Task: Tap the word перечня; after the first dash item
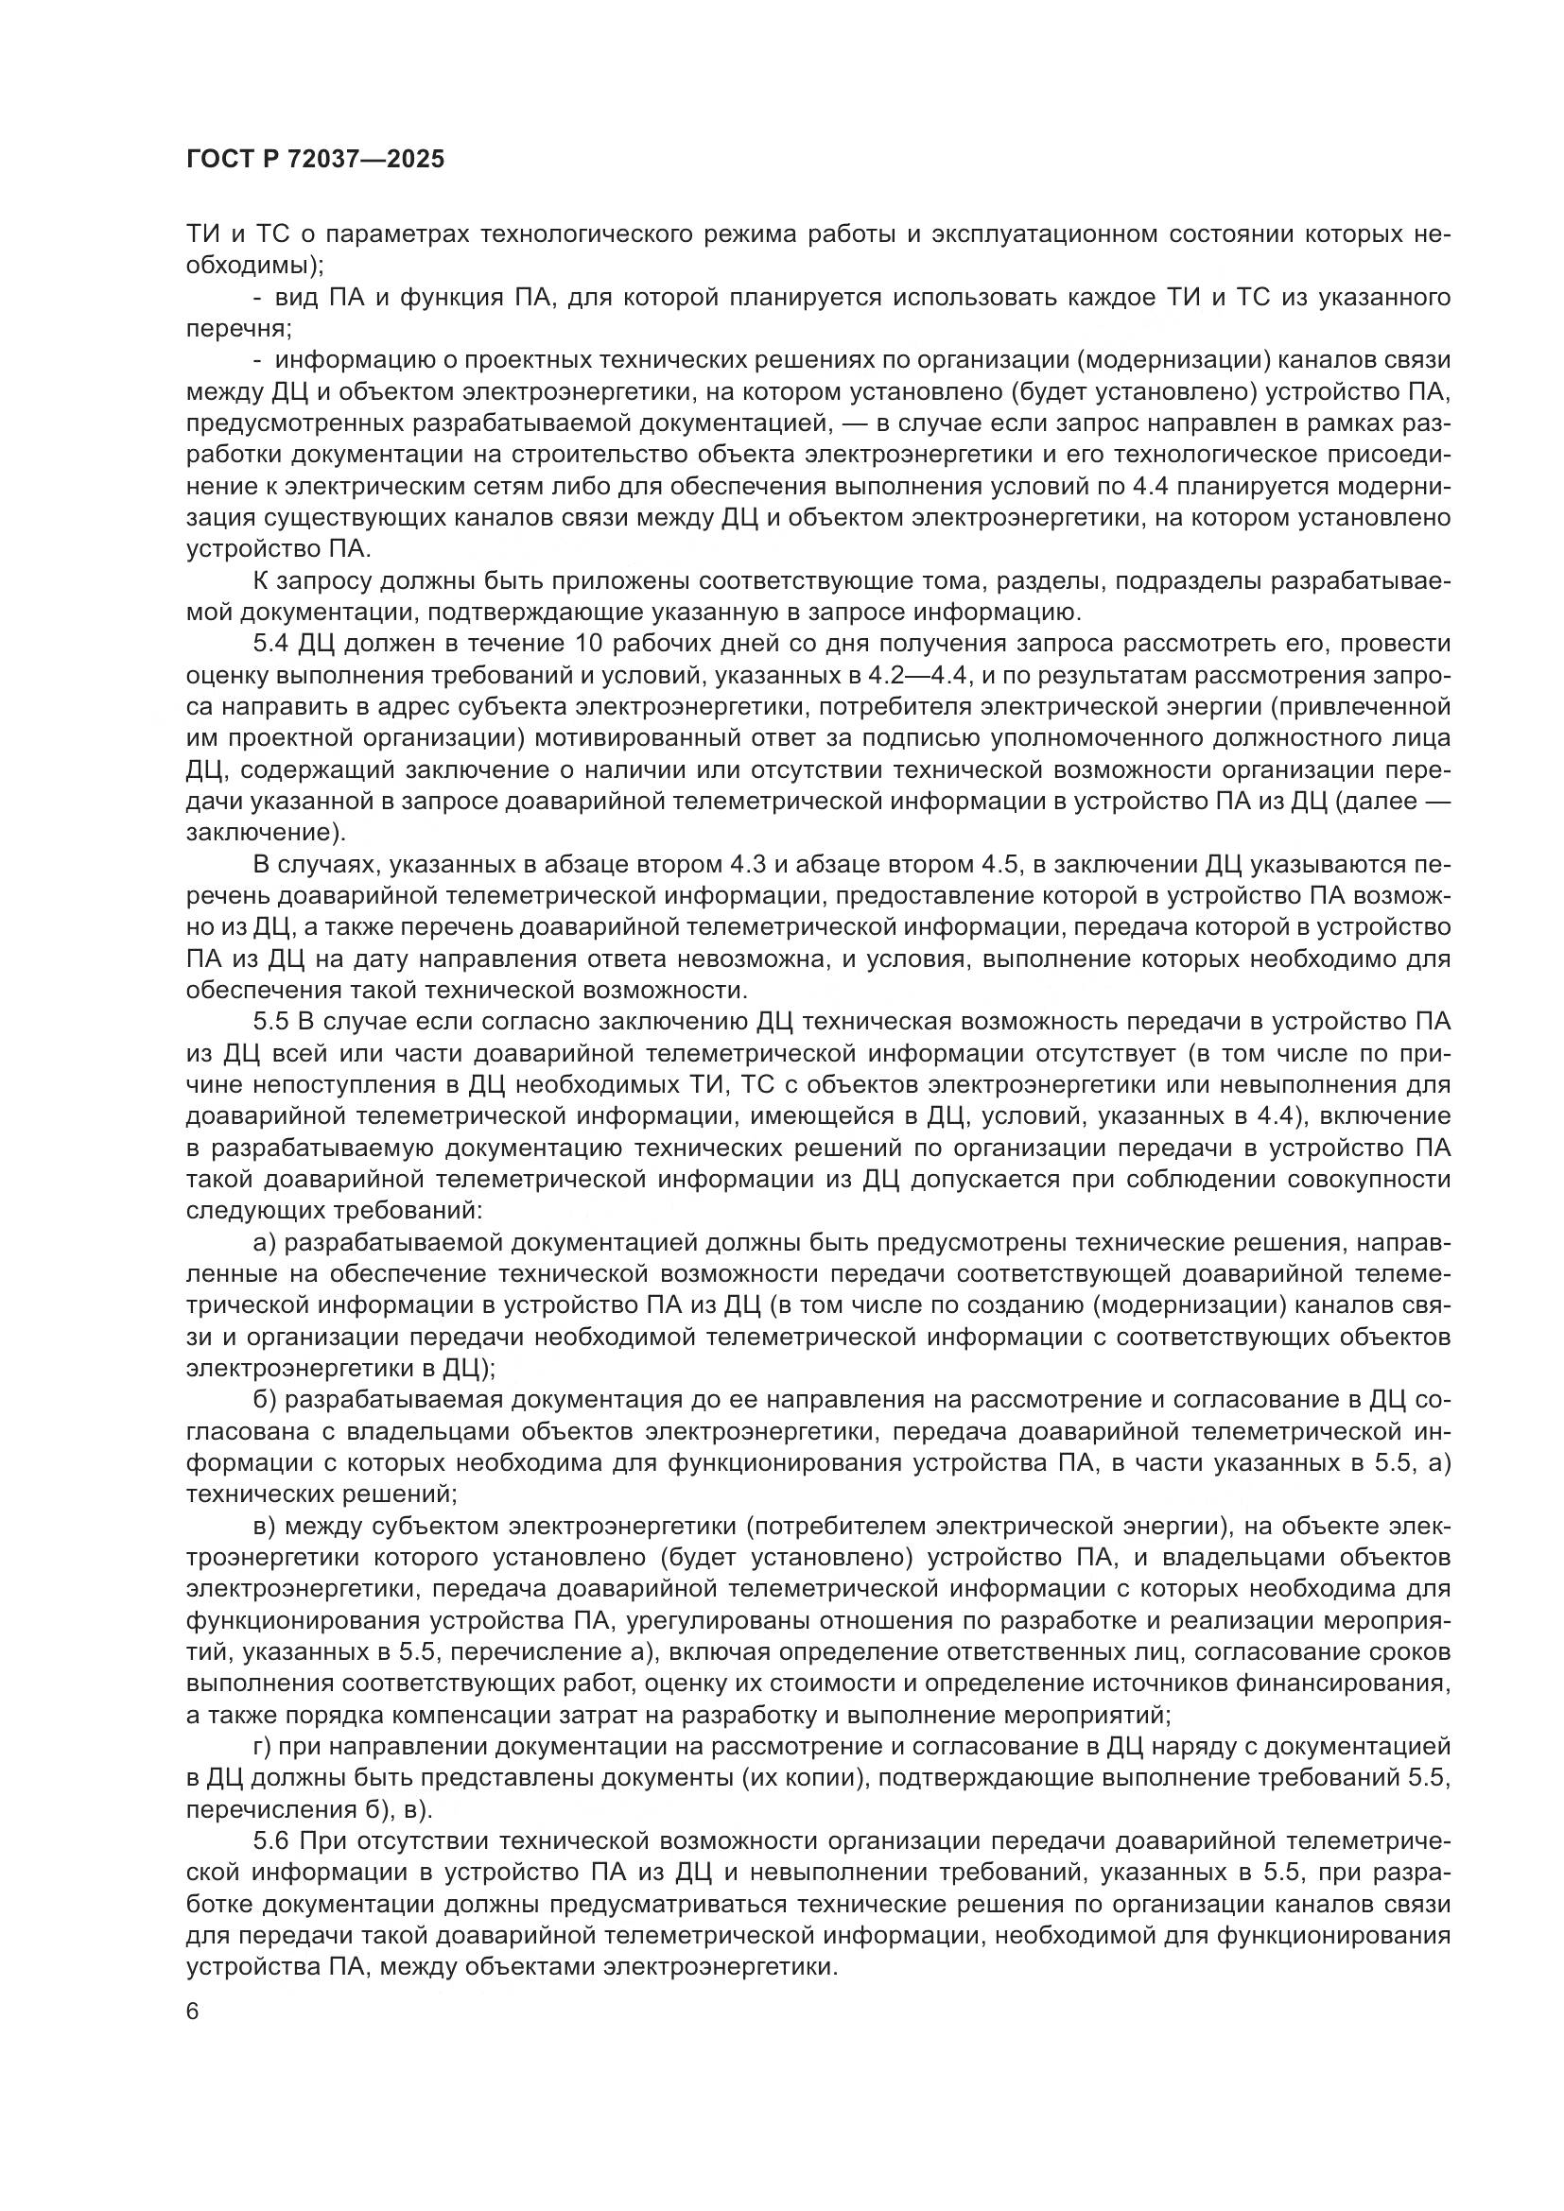[x=238, y=329]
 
